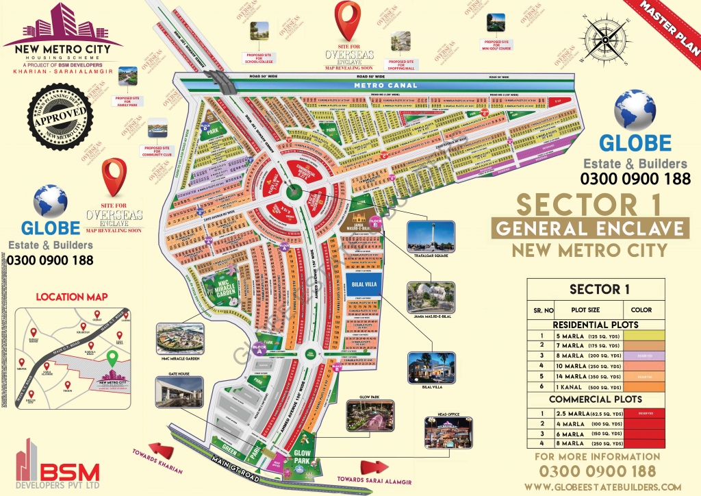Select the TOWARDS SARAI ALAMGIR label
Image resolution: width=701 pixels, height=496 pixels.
pyautogui.click(x=364, y=480)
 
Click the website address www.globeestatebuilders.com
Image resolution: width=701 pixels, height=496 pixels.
pyautogui.click(x=598, y=486)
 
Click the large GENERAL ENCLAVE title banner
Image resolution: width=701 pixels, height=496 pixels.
pyautogui.click(x=591, y=228)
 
